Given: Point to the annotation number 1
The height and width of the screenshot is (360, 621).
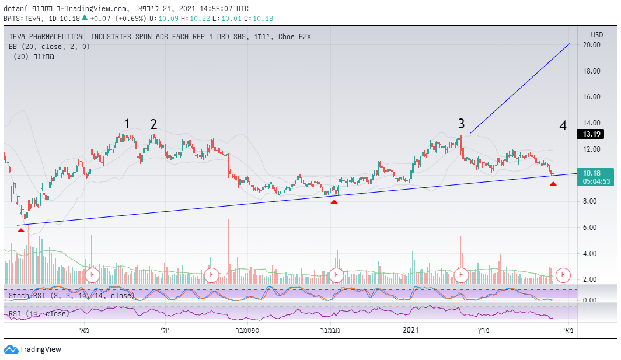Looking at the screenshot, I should tap(127, 124).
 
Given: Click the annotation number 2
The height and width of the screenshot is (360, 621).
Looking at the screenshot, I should tap(153, 124).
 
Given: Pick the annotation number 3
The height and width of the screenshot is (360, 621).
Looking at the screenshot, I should tap(461, 124).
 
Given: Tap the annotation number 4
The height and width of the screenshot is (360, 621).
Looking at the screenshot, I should tap(563, 125).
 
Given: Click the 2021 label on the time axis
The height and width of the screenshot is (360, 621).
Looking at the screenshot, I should tap(412, 330).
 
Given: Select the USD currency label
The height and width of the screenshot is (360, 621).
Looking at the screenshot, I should tap(596, 34).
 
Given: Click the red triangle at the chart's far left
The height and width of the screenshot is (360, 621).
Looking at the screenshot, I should tap(21, 230).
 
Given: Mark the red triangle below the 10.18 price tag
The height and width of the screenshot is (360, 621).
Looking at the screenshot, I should tap(553, 184).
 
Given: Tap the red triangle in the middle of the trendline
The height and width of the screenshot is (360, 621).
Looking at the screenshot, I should tap(334, 202).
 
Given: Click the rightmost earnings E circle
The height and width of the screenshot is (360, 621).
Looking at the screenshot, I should tap(563, 274).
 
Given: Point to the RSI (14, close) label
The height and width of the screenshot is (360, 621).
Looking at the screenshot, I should tap(39, 314).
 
